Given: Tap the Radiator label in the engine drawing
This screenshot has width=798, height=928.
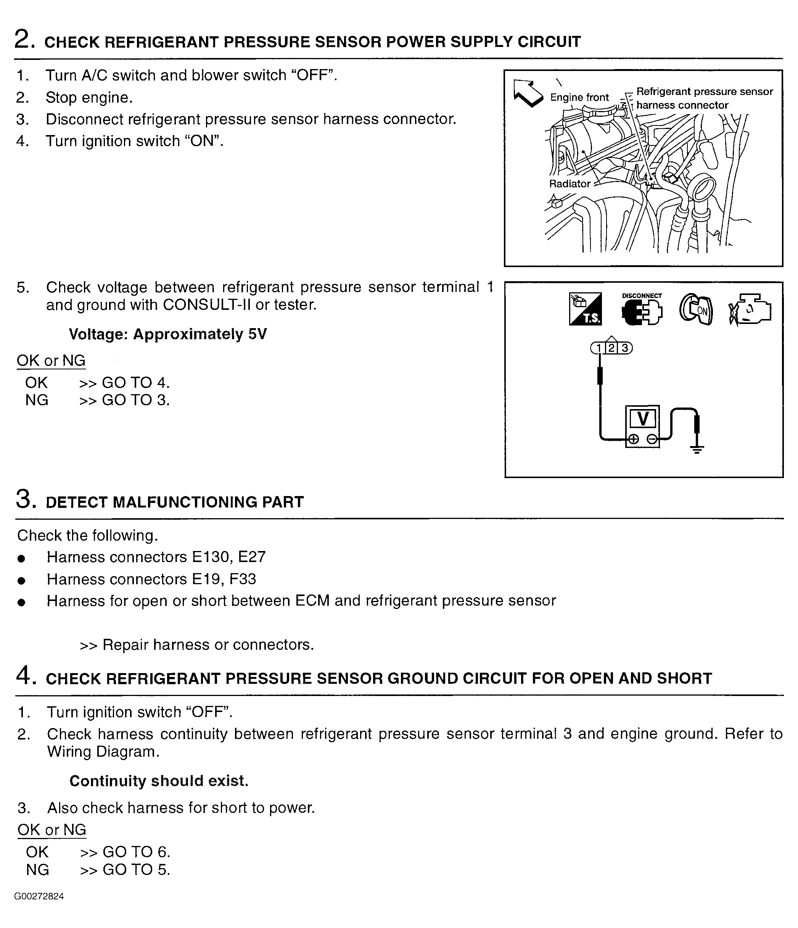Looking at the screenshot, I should click(x=570, y=184).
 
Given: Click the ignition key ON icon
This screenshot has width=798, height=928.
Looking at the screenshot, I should click(x=695, y=309).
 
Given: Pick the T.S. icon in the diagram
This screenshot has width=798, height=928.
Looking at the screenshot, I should click(x=585, y=309).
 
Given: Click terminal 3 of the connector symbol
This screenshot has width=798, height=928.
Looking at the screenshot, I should click(x=625, y=348).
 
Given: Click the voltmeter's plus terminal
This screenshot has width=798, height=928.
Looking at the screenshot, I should click(x=633, y=439).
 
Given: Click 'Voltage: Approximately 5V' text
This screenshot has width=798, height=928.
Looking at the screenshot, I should click(x=167, y=334).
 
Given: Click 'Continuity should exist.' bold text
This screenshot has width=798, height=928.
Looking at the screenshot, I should click(x=159, y=781).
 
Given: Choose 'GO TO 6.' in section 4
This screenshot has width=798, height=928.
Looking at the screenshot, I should click(x=136, y=851).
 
